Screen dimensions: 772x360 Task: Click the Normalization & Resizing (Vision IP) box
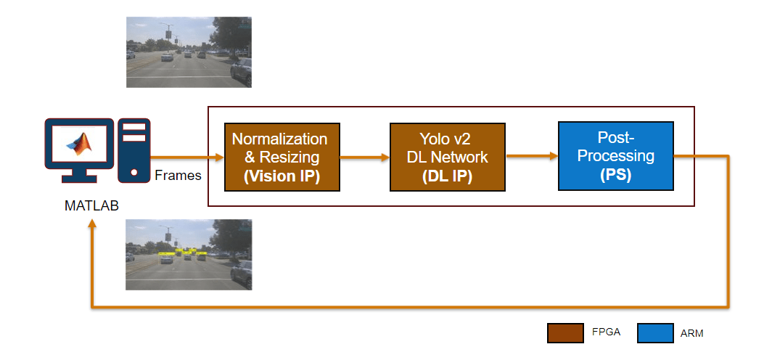(282, 157)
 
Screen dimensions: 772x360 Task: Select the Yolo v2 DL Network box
(447, 157)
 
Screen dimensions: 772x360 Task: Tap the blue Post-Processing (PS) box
(615, 155)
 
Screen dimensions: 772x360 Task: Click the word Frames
(178, 176)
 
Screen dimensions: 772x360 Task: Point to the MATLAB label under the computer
(91, 205)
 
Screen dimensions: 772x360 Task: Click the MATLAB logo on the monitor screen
(79, 144)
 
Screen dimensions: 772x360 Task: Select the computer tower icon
(134, 150)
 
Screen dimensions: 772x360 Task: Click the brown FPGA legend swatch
(566, 333)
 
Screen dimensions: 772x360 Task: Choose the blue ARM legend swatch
(655, 333)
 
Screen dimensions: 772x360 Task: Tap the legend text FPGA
(606, 332)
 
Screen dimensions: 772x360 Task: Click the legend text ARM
(691, 333)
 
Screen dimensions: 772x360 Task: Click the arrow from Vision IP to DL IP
(365, 157)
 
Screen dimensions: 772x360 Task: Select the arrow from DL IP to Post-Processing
(531, 156)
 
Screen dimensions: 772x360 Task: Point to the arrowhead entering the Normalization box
(219, 157)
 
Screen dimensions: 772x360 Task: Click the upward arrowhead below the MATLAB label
(92, 224)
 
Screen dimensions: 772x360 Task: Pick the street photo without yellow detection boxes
(189, 52)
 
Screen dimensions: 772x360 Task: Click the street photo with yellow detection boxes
(189, 255)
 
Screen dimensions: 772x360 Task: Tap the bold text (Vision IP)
(282, 176)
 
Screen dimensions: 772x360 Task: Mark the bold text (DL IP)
(447, 176)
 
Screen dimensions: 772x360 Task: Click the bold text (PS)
(615, 175)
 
